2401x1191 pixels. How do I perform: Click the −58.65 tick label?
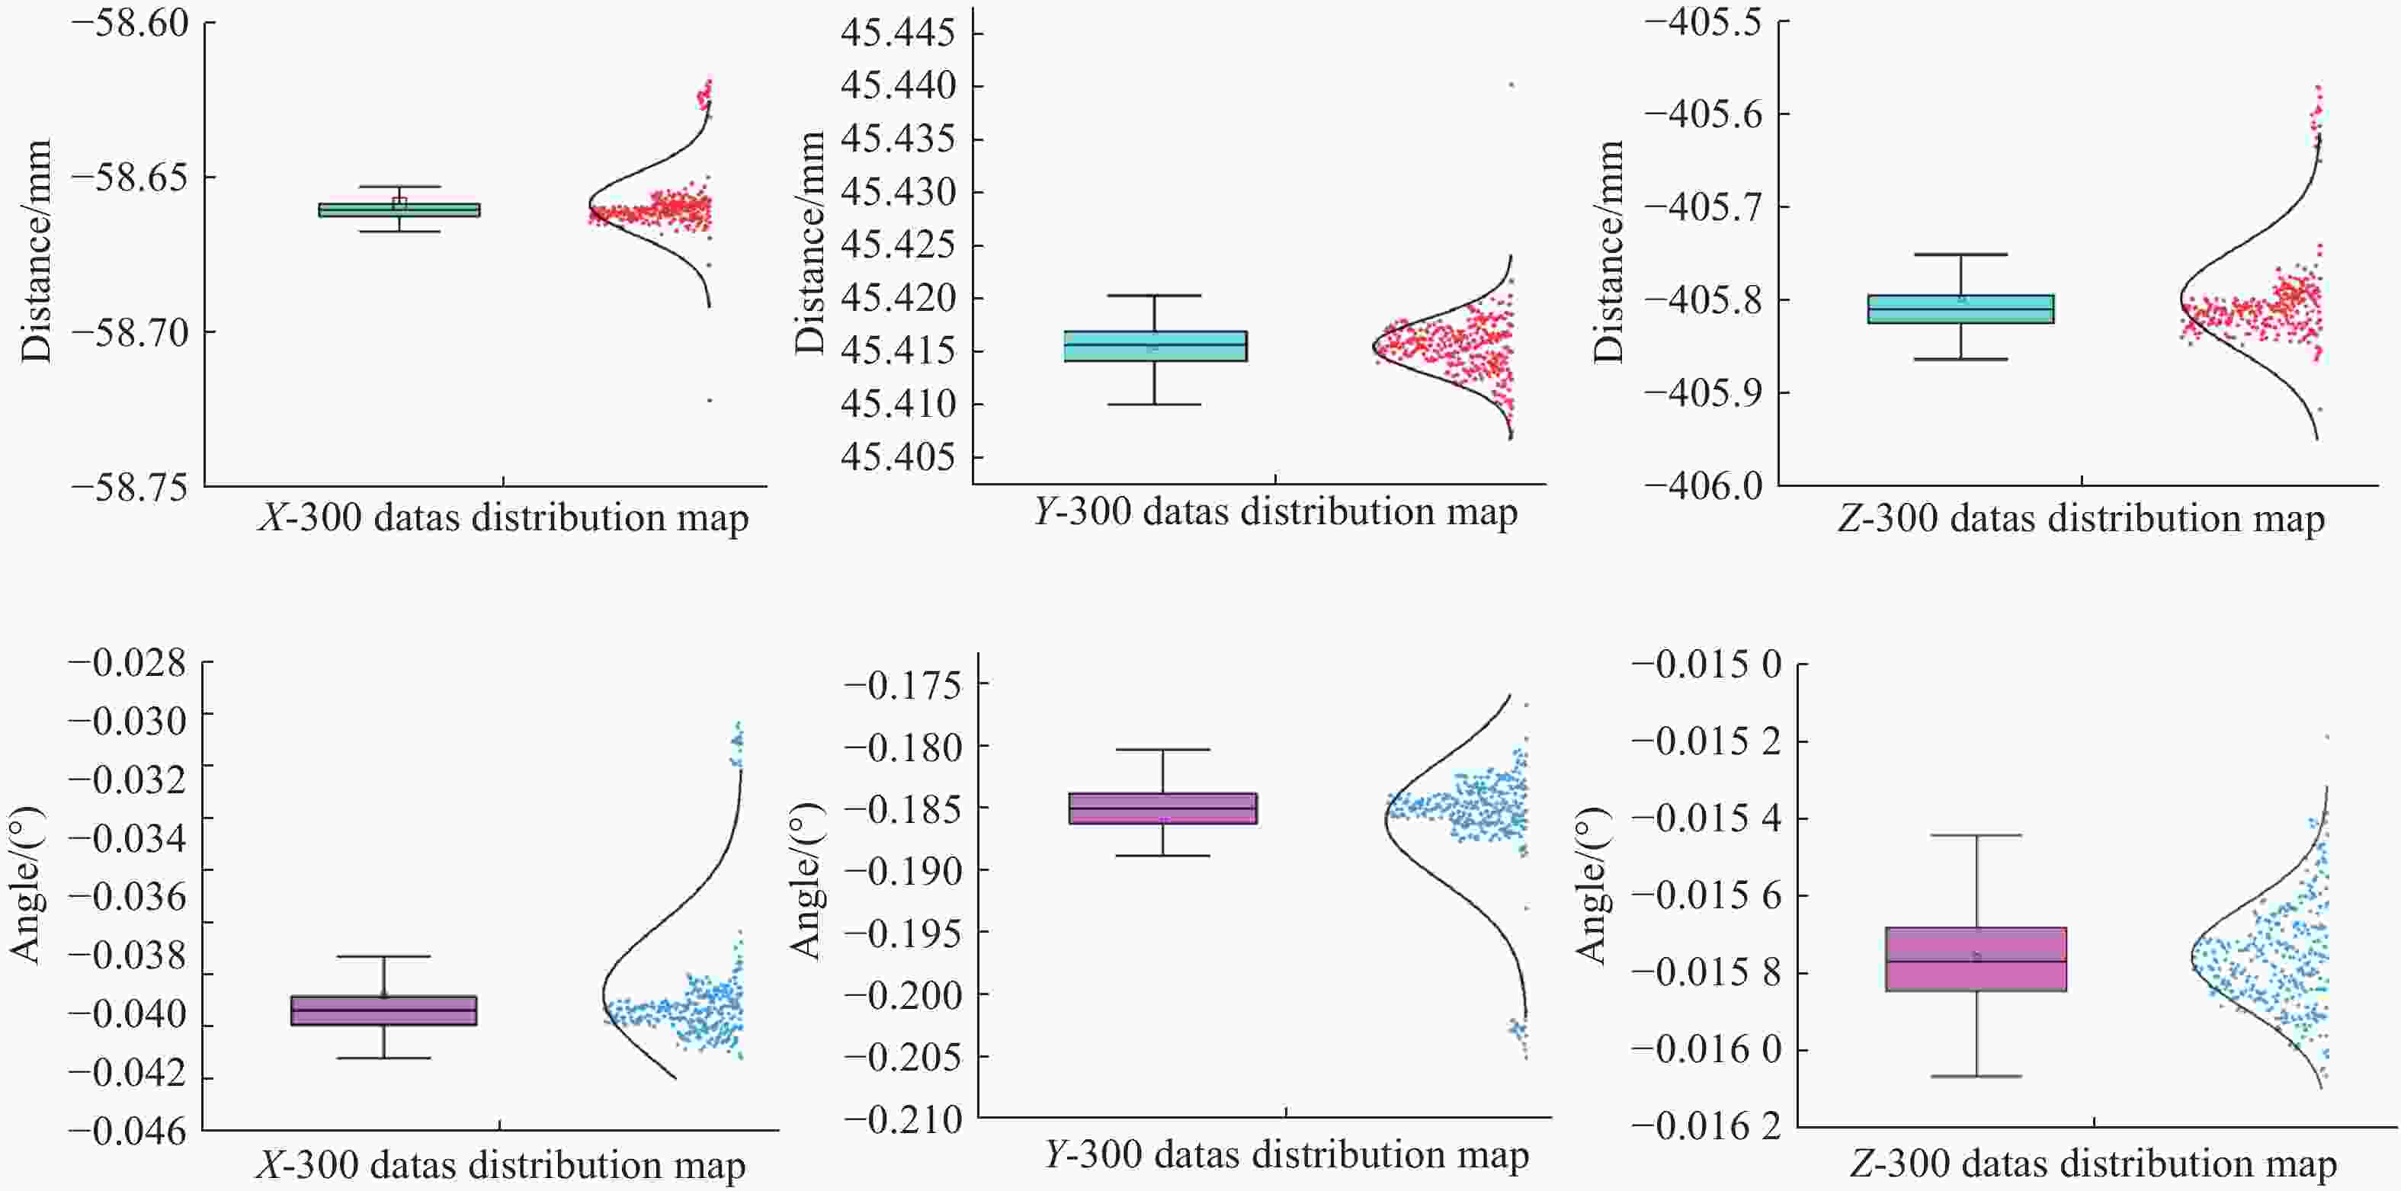click(x=129, y=176)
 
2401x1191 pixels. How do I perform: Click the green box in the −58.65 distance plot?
click(x=399, y=210)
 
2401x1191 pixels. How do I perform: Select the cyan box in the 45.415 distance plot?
click(x=1155, y=346)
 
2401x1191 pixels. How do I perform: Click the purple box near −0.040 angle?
click(x=384, y=1010)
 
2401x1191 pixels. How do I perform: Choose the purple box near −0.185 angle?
click(x=1163, y=808)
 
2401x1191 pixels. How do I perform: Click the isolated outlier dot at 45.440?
click(x=1511, y=85)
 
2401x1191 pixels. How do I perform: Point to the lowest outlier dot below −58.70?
click(x=710, y=401)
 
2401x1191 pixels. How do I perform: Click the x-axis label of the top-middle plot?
click(x=1274, y=511)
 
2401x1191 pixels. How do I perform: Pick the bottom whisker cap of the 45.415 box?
click(x=1155, y=405)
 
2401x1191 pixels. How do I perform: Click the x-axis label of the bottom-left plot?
click(x=501, y=1165)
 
